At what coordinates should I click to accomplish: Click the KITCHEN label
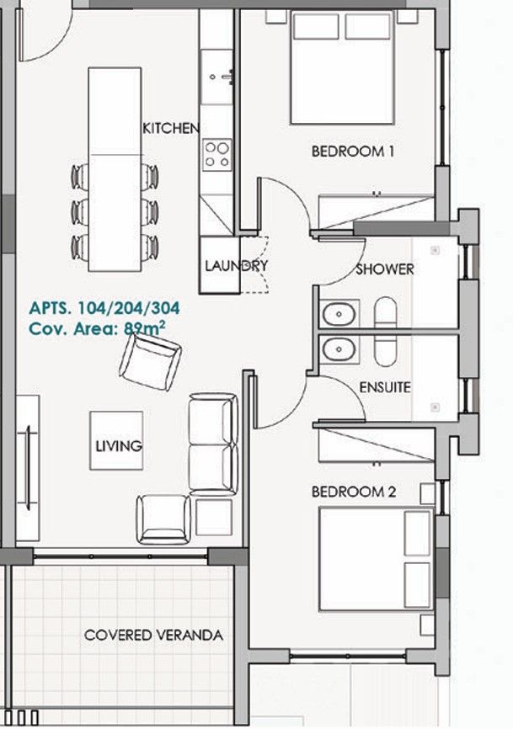point(171,128)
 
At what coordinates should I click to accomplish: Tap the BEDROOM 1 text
point(353,152)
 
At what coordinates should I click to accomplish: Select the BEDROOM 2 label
point(353,492)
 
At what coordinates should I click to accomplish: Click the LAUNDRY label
point(236,266)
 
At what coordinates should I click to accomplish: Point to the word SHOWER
point(384,269)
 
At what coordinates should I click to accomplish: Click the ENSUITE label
point(384,388)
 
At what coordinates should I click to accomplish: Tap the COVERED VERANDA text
point(153,636)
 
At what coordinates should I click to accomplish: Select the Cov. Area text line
point(96,329)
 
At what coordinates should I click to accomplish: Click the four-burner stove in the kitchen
point(216,154)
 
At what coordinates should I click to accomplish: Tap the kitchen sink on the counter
point(216,74)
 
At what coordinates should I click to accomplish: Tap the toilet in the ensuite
point(385,349)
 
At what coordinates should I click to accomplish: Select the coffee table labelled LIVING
point(117,440)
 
